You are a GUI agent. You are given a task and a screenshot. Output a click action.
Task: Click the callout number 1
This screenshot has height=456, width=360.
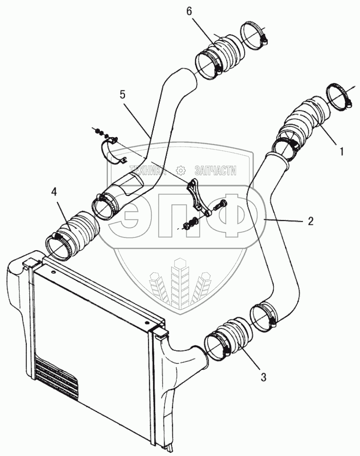tap(342, 152)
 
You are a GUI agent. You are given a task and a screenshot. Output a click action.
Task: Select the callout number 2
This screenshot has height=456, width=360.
tap(311, 220)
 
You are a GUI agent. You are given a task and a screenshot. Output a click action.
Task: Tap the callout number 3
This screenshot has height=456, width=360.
tap(263, 377)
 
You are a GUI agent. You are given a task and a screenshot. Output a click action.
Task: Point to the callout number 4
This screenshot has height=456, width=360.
tap(55, 192)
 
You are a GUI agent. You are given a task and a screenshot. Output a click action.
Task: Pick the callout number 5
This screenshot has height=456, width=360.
tap(122, 95)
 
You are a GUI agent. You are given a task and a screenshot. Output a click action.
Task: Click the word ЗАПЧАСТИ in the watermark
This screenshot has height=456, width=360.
tap(215, 171)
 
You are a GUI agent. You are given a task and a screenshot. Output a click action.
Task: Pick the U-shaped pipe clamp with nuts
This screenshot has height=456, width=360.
tap(112, 149)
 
